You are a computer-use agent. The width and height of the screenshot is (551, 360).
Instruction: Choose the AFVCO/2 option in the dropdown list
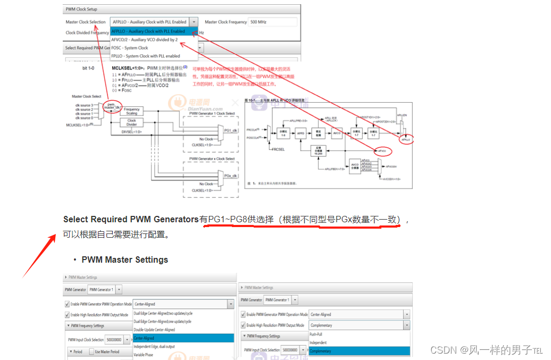point(144,39)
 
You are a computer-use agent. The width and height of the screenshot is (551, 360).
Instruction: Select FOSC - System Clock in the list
point(130,48)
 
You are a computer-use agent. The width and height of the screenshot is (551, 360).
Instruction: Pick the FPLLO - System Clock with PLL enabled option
point(145,56)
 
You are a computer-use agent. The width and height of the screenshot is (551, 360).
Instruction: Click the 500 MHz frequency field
point(272,22)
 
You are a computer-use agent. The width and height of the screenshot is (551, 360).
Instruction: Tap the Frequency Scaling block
point(132,111)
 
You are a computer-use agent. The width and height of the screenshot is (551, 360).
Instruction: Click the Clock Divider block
point(132,122)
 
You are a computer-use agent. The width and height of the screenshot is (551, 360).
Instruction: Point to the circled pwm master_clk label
point(111,105)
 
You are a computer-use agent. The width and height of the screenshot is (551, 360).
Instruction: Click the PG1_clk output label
point(230,130)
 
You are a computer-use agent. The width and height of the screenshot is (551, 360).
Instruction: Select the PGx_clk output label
point(230,175)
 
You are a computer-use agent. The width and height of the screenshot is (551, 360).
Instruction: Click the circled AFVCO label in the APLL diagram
point(381,151)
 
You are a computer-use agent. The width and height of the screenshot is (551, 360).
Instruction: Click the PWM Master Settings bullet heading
point(124,259)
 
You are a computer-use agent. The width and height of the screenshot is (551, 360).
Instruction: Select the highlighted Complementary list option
point(320,351)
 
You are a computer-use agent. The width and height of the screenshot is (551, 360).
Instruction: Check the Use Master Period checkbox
point(91,351)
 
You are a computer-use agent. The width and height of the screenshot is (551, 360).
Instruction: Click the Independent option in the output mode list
point(319,342)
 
